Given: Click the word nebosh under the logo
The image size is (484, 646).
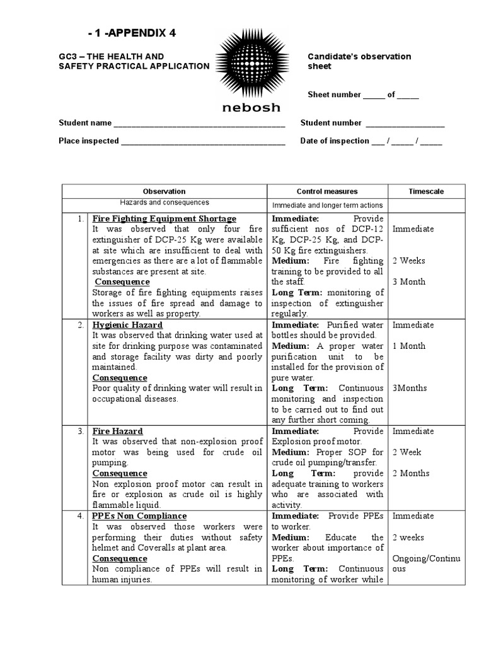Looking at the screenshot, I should (x=251, y=107).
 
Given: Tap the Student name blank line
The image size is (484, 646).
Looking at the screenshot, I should (x=199, y=124).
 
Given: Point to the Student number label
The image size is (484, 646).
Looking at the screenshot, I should (x=331, y=123).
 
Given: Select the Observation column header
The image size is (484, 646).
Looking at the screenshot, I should (x=164, y=191).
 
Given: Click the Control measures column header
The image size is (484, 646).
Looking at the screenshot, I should (x=327, y=191).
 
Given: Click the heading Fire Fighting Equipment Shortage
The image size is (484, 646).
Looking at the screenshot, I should (x=164, y=219).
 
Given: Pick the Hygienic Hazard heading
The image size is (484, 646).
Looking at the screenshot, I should (x=127, y=326).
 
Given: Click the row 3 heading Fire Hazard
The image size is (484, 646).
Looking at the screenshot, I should (x=118, y=432).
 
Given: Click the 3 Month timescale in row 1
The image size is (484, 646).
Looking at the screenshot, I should (x=408, y=282).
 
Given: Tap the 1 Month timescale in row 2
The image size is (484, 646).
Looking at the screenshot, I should (x=408, y=346).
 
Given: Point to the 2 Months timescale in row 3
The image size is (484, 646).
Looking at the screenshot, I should (x=410, y=474).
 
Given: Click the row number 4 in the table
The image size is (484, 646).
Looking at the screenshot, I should (x=80, y=516).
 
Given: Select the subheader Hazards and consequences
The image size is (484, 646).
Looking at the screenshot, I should (x=164, y=203).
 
